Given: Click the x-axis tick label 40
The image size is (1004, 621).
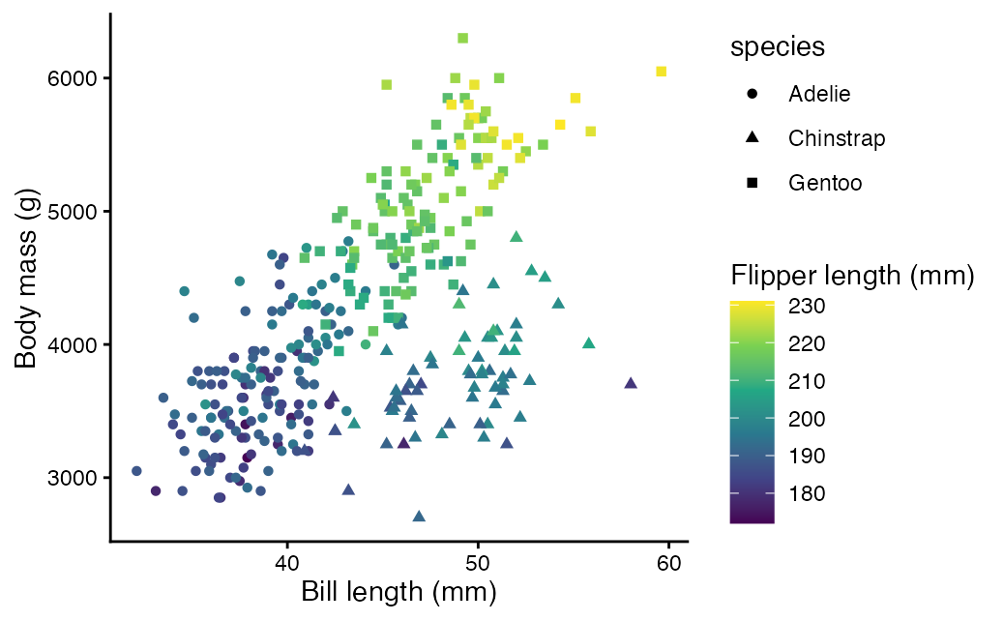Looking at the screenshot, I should [x=286, y=563].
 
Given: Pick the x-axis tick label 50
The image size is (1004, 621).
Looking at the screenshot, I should [x=477, y=563].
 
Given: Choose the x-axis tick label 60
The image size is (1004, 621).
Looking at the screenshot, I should [x=667, y=563].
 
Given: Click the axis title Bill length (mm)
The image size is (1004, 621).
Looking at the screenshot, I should [x=399, y=591].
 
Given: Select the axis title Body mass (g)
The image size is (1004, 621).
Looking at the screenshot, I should [x=26, y=278].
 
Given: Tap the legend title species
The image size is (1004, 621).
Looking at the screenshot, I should [x=777, y=47].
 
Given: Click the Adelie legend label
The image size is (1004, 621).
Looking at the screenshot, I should [x=819, y=94].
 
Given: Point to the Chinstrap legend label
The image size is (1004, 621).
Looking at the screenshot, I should [x=837, y=138].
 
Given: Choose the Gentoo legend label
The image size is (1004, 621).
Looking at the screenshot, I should [x=825, y=183].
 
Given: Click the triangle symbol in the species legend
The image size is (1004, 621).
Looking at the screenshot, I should [x=753, y=137].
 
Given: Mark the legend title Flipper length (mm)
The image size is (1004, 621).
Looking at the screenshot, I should [x=851, y=276].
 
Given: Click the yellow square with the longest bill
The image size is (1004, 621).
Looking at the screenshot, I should [x=662, y=72].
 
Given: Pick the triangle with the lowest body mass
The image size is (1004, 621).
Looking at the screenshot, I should [x=419, y=517].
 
